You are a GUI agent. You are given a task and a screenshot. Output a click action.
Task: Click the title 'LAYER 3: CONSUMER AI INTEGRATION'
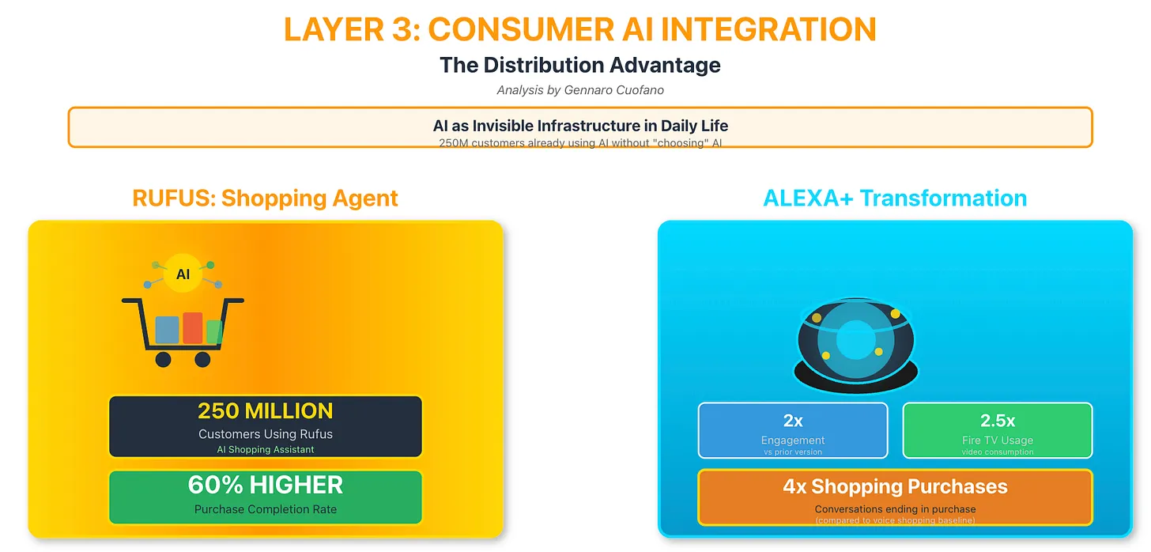579,30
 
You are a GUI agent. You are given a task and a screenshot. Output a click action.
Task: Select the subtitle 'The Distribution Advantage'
579,65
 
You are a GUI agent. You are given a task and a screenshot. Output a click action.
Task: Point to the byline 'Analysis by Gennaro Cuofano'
579,90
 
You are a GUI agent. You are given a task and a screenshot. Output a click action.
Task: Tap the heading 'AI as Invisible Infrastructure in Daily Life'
579,126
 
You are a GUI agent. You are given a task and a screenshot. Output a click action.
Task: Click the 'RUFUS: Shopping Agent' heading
265,198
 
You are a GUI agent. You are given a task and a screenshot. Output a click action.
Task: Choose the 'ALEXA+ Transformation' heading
894,198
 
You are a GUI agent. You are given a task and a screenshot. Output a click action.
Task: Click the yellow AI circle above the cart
183,274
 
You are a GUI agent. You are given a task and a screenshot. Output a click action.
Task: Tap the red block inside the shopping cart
192,327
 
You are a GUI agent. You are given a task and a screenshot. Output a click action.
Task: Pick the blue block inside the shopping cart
167,330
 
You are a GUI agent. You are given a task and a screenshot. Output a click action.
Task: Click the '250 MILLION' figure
265,411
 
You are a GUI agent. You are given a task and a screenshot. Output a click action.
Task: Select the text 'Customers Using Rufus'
265,434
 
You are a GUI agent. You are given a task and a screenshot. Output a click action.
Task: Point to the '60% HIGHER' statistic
265,485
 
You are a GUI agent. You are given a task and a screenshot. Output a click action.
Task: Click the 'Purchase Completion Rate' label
265,509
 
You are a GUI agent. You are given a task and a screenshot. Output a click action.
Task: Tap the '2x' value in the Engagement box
792,421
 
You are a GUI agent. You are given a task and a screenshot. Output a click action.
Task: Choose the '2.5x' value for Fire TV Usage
997,421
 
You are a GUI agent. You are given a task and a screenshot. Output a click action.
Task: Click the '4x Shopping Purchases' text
895,486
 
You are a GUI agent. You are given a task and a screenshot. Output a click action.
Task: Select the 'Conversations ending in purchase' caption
895,509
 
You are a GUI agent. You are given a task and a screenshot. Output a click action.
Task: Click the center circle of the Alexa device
855,340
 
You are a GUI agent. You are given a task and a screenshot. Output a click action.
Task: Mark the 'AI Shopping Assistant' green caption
265,450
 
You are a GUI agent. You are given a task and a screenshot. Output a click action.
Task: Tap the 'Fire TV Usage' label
997,440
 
